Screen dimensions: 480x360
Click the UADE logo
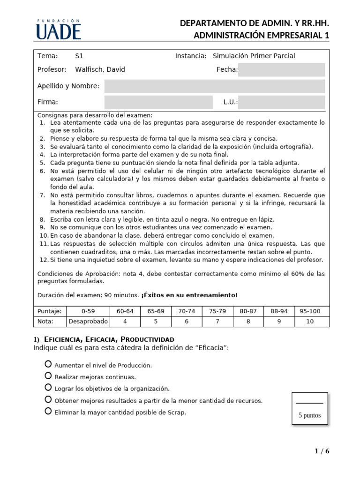tap(58, 30)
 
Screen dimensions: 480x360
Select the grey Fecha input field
tap(281, 70)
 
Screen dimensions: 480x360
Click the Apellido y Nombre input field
tap(214, 86)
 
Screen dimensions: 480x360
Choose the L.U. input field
tap(281, 102)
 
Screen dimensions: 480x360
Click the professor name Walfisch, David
tap(100, 70)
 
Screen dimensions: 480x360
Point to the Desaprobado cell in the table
tap(88, 322)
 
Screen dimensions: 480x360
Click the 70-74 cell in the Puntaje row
tap(187, 311)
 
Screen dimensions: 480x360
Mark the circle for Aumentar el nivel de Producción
tap(48, 364)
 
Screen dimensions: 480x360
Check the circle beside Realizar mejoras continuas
tap(48, 376)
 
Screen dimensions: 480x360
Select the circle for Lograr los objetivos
tap(48, 388)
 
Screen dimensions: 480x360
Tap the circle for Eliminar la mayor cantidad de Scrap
tap(48, 412)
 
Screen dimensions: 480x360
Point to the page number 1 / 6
tap(322, 451)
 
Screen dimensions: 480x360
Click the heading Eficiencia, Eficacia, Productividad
tap(109, 339)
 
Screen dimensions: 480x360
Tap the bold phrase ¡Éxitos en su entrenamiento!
tap(189, 295)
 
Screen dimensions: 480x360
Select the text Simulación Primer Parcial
tap(254, 56)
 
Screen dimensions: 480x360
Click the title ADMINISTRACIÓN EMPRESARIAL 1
tap(262, 36)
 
